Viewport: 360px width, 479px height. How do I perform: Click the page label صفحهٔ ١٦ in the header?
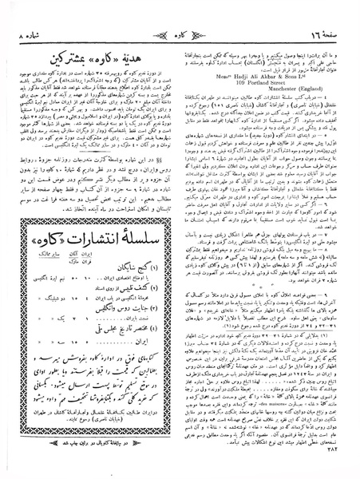[319, 14]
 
